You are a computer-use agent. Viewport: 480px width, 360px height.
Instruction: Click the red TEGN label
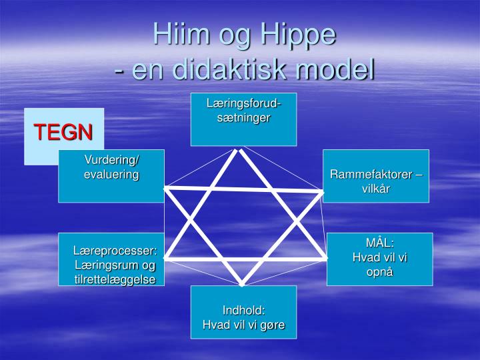pyautogui.click(x=63, y=132)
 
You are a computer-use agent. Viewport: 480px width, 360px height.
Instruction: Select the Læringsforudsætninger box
pyautogui.click(x=243, y=119)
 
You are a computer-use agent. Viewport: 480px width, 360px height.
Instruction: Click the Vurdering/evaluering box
pyautogui.click(x=111, y=176)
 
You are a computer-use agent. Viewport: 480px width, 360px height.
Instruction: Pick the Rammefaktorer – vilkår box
pyautogui.click(x=375, y=176)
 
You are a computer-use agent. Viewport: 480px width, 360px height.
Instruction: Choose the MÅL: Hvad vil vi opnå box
pyautogui.click(x=379, y=259)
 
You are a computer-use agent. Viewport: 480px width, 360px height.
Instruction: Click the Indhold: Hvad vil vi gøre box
pyautogui.click(x=243, y=312)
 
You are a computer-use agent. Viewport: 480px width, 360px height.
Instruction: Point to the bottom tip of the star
pyautogui.click(x=242, y=283)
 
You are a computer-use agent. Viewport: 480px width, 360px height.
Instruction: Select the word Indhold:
pyautogui.click(x=243, y=311)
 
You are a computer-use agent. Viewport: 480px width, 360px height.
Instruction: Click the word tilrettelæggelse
pyautogui.click(x=115, y=279)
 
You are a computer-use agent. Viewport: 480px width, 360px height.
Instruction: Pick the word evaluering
pyautogui.click(x=111, y=175)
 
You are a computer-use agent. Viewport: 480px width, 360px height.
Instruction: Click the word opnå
pyautogui.click(x=379, y=272)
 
